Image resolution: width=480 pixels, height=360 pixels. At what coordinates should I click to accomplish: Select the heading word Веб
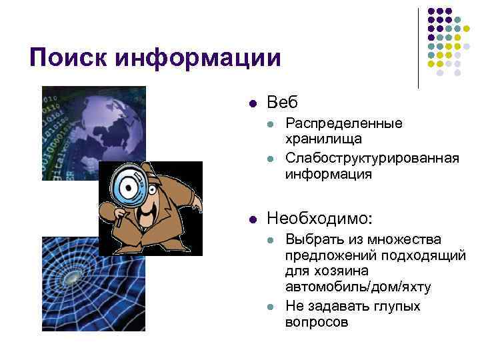tap(282, 103)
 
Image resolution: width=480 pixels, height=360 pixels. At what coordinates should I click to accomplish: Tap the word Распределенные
tap(343, 123)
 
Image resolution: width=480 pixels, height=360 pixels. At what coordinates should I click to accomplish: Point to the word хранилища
tap(323, 139)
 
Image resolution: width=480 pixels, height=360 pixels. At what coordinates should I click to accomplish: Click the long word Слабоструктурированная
tap(371, 158)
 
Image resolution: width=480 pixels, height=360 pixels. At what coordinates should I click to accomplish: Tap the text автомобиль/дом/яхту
tap(357, 287)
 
